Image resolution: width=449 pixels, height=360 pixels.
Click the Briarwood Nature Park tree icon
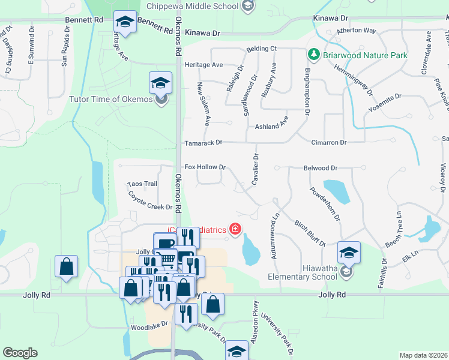pos(313,55)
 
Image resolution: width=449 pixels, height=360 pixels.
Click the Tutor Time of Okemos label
pos(111,99)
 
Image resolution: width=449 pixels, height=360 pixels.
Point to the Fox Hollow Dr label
pos(205,167)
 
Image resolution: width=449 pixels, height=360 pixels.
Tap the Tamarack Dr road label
pos(203,143)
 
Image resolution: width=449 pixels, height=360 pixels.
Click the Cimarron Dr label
pos(329,143)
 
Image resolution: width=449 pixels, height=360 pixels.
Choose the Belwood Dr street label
pos(321,169)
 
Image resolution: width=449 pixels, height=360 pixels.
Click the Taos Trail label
pos(142,184)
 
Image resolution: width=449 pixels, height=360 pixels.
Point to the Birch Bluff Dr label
pos(310,233)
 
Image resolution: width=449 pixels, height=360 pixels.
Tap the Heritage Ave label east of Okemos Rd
pos(203,64)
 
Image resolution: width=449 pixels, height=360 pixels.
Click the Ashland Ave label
pos(272,127)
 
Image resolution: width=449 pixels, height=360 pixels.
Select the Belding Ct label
pos(261,49)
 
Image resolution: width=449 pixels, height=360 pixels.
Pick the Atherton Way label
pos(357,30)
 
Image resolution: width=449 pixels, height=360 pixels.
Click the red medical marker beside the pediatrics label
pos(235,229)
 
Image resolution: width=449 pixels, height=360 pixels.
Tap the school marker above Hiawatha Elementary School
pos(349,253)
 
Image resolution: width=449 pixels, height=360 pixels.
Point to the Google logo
pos(20,353)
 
